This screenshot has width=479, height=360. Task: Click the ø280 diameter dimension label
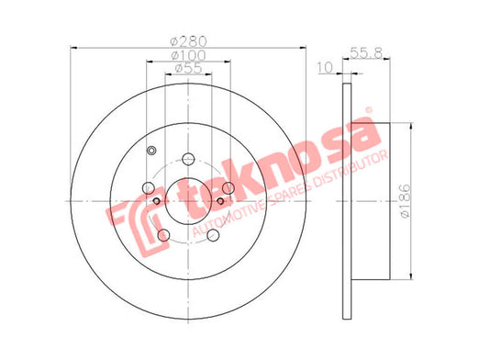(x=188, y=41)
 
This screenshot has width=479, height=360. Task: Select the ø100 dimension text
(x=188, y=55)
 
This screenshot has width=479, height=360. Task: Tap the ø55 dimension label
(x=188, y=68)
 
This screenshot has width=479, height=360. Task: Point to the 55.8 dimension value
(x=366, y=52)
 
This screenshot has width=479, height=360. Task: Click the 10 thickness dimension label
(x=325, y=68)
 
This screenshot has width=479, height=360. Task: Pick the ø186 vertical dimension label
(x=406, y=201)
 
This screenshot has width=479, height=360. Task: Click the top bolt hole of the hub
(x=188, y=159)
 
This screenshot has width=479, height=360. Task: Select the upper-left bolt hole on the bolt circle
(x=149, y=188)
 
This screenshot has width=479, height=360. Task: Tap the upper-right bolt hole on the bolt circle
(x=228, y=188)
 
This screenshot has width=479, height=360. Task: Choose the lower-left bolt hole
(x=163, y=235)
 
